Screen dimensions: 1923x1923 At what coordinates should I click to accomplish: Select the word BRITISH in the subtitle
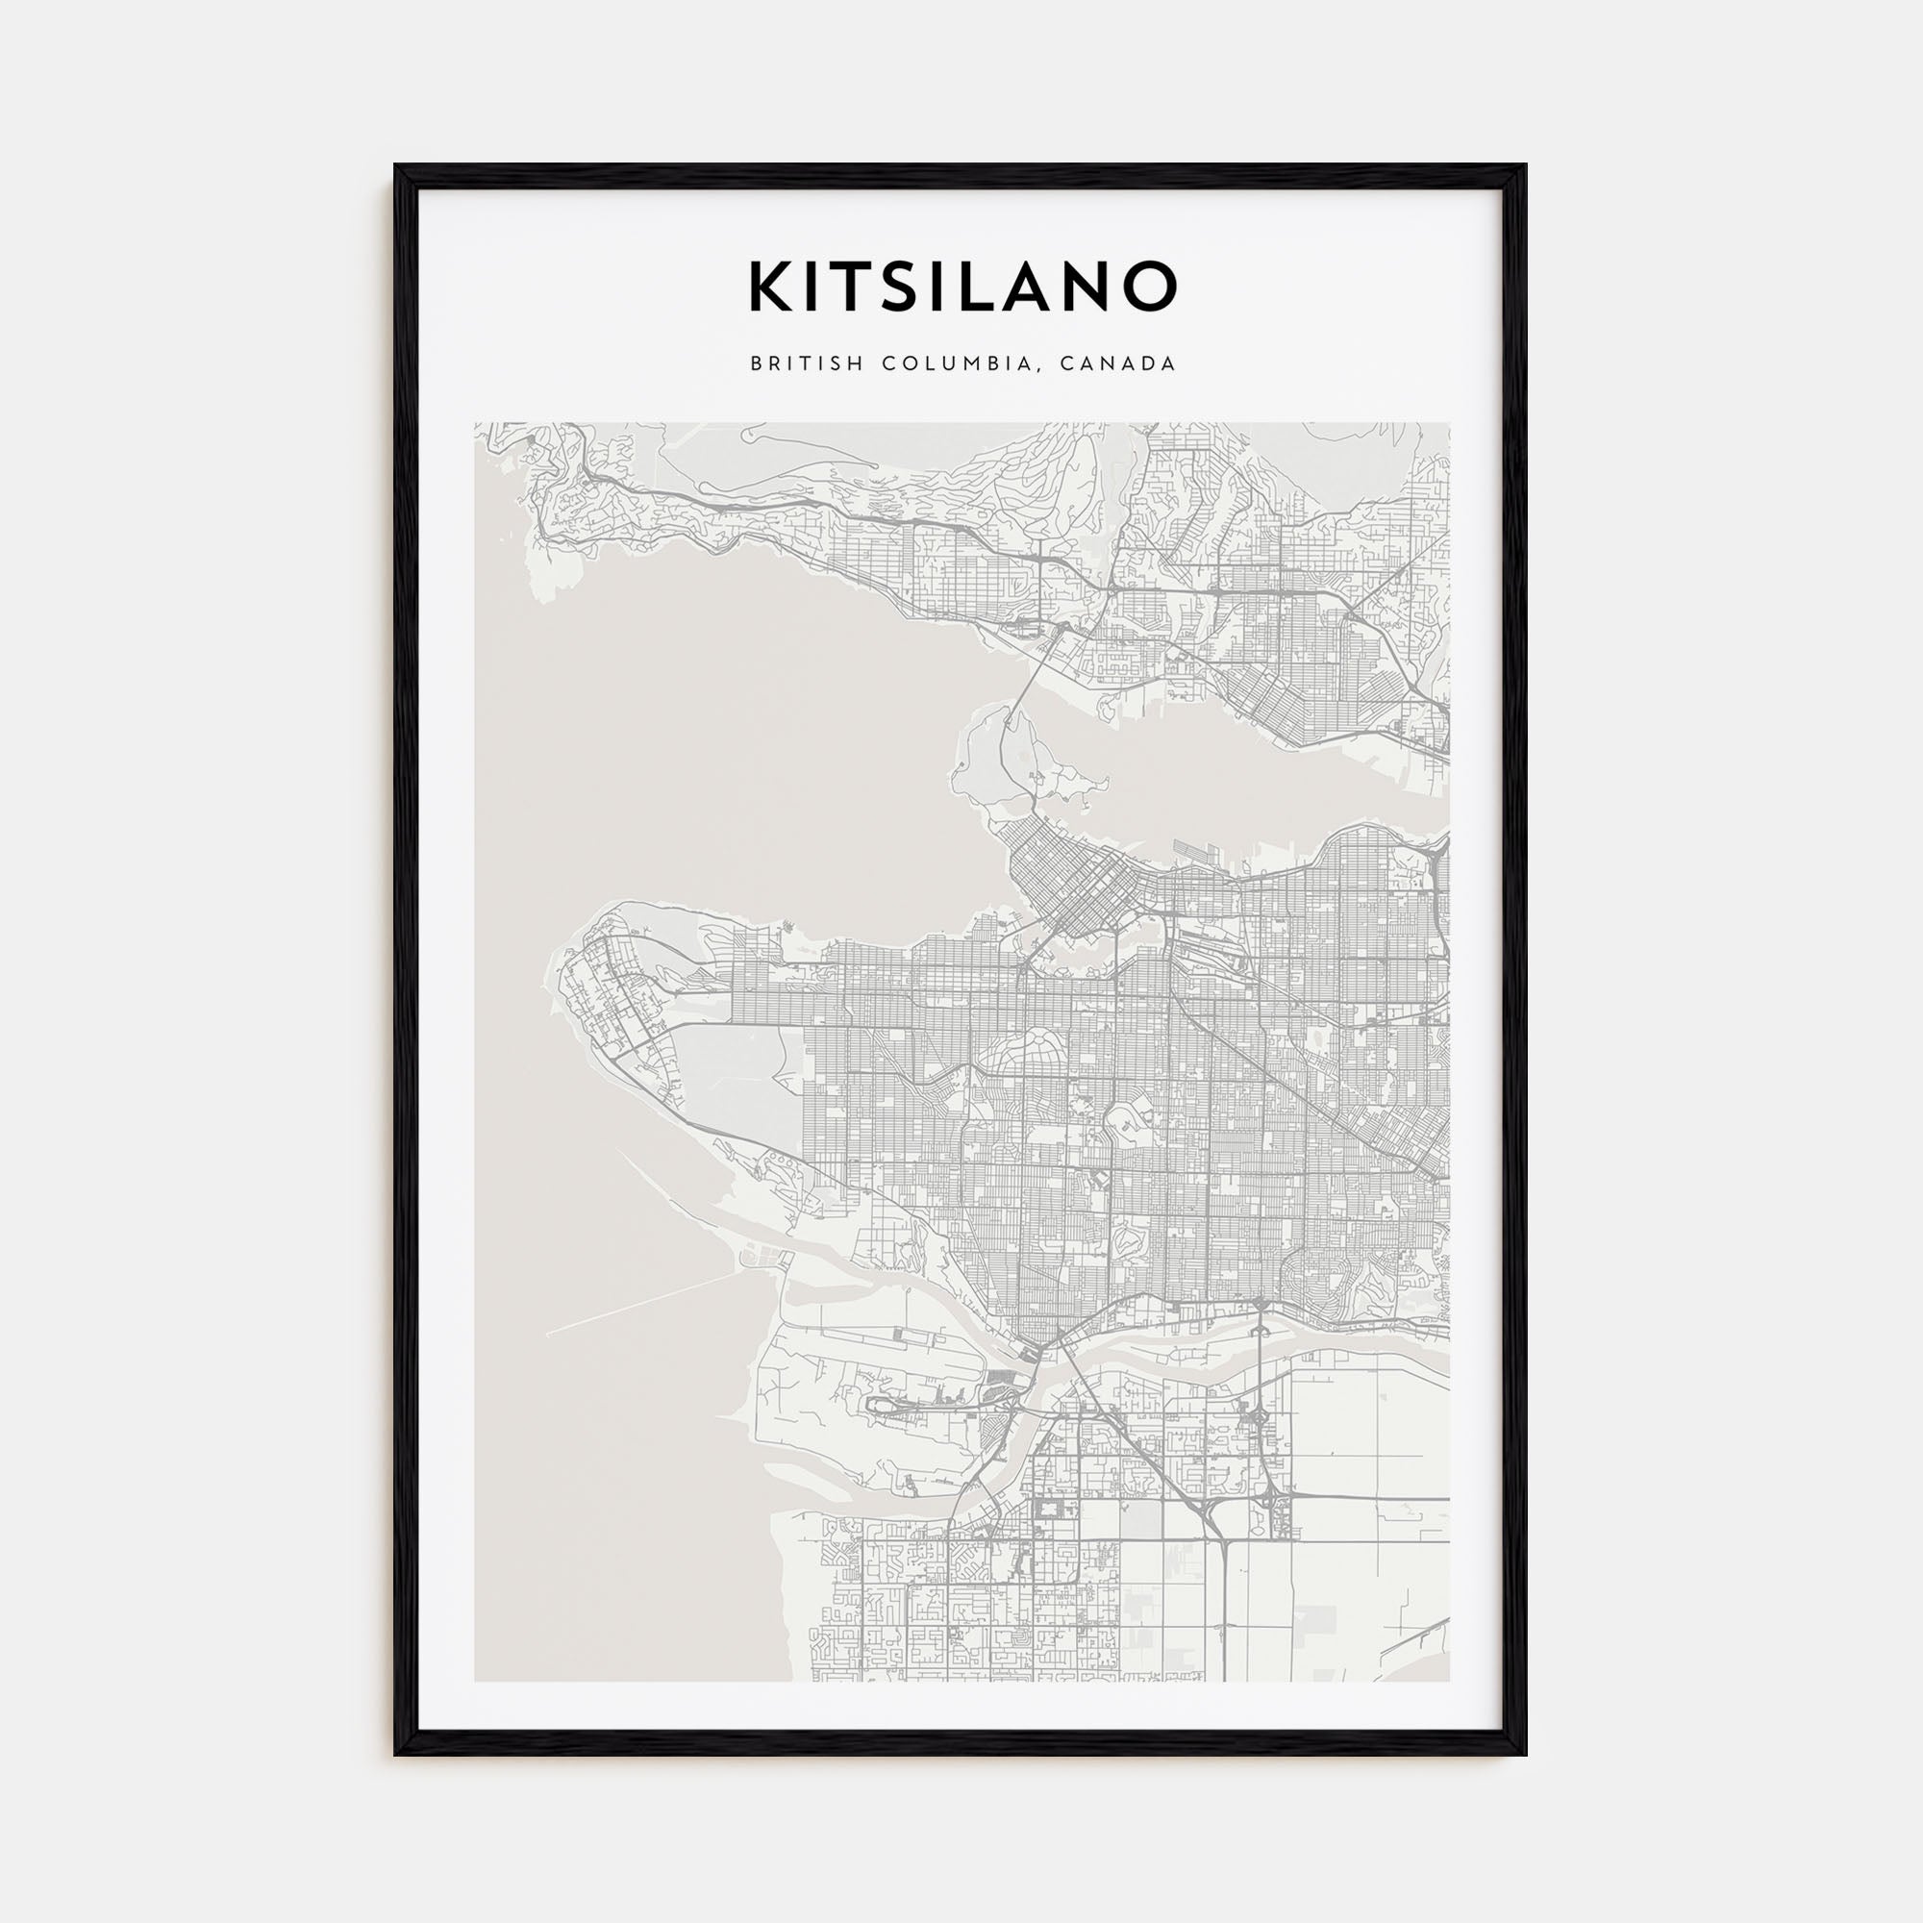tap(809, 364)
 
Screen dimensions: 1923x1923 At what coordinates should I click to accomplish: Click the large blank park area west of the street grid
tap(737, 1065)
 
